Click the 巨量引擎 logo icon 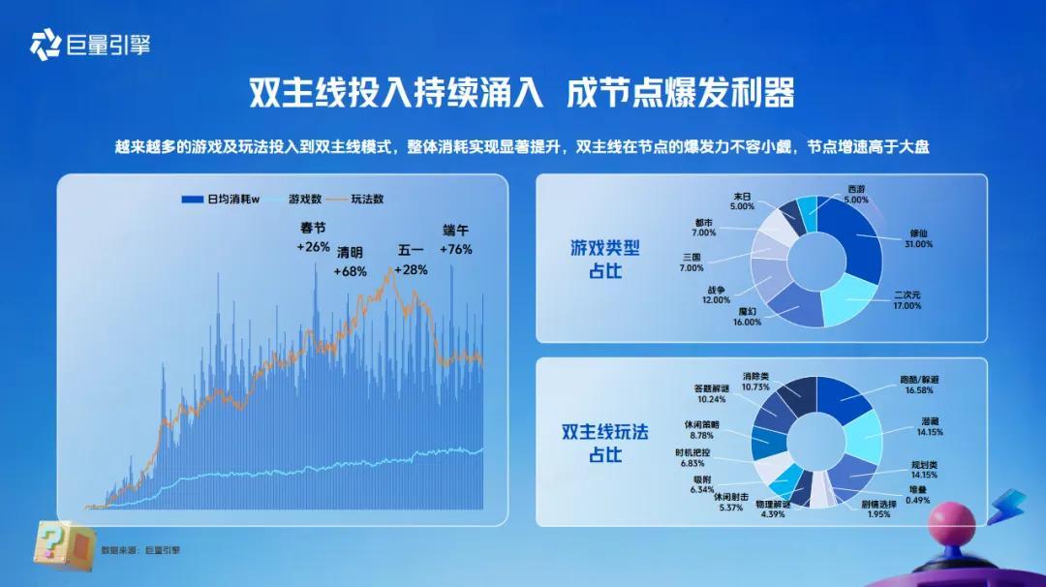[46, 45]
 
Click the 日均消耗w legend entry [221, 199]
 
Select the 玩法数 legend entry [358, 199]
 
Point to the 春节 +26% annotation [314, 237]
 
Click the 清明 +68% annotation [351, 262]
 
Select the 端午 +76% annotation [456, 239]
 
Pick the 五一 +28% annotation [411, 260]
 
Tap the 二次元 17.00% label [908, 300]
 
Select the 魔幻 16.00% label [747, 317]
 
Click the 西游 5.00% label [856, 195]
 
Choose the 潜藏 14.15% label [930, 427]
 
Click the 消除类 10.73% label [755, 382]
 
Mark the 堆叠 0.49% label [918, 495]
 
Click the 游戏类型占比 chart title [605, 260]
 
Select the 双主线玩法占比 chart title [605, 443]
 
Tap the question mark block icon [64, 545]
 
